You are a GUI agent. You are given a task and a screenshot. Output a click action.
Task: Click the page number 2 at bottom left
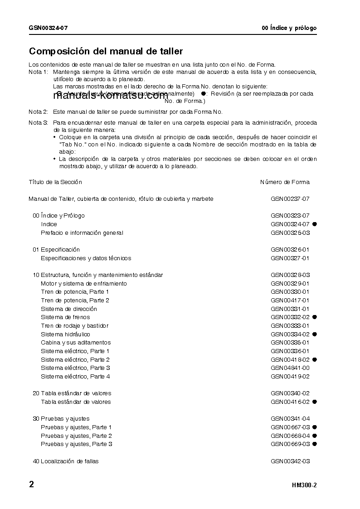tap(31, 485)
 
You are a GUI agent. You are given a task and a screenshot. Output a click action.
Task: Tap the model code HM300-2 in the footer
tap(304, 485)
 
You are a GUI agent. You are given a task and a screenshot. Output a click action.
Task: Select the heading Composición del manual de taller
tap(106, 52)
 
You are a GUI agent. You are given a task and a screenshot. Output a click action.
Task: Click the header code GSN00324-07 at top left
tap(49, 28)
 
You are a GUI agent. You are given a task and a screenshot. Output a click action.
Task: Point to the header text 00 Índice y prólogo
tap(289, 28)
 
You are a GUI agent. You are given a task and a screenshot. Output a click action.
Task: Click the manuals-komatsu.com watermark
tap(111, 96)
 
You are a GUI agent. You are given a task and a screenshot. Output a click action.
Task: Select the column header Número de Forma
tap(285, 182)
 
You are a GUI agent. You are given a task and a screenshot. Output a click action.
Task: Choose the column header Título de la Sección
tap(55, 182)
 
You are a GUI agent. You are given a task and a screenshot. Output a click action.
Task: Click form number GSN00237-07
tap(290, 199)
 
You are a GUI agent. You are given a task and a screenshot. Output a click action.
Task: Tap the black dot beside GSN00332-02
tap(314, 317)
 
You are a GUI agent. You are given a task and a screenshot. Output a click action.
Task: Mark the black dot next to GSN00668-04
tap(314, 436)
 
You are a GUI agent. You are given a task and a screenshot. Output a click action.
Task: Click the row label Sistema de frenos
tap(65, 317)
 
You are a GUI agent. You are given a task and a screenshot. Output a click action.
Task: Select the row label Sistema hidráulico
tap(65, 334)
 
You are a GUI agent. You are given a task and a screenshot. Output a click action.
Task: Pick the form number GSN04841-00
tap(290, 368)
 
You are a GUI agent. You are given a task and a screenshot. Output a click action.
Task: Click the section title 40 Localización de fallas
tap(66, 461)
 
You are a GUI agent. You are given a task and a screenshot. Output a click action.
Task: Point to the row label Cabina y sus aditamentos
tap(76, 343)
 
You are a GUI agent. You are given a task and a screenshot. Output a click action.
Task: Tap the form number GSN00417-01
tap(290, 301)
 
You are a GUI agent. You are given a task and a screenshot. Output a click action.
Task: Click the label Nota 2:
tap(38, 111)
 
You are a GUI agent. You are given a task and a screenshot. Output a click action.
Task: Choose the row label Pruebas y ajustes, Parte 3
tap(76, 444)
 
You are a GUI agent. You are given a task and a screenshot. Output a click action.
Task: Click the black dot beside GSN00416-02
tap(314, 402)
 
